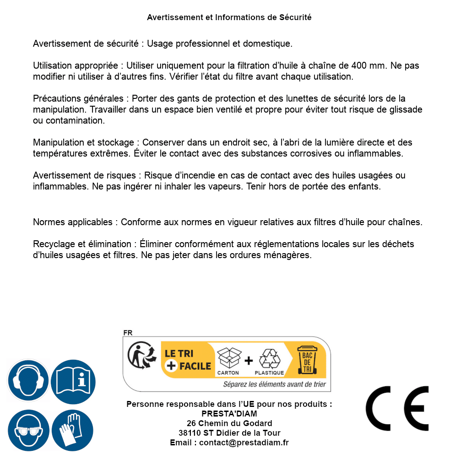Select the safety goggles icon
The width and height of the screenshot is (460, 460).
[28, 430]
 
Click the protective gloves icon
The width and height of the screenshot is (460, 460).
[73, 430]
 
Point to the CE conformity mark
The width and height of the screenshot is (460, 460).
[397, 408]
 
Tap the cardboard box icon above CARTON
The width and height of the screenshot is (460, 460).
[228, 357]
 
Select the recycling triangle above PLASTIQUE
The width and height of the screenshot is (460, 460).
[269, 358]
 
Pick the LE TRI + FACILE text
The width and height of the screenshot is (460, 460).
[188, 359]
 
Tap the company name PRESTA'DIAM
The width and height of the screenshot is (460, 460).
[229, 414]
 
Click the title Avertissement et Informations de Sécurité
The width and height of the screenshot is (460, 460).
[229, 17]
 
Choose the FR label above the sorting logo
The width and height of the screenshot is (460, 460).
[128, 333]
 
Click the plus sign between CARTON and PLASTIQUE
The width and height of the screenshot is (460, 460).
[249, 361]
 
